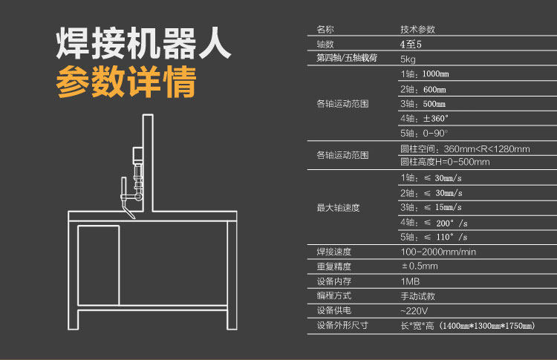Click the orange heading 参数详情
point(126,84)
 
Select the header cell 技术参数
point(417,30)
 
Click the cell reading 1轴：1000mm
point(424,74)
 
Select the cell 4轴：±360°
point(425,118)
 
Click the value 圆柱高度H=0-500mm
point(445,162)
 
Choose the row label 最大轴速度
point(338,207)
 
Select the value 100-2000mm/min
point(438,252)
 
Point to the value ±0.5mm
point(420,266)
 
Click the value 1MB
point(410,281)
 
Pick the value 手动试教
point(415,295)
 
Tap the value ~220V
point(414,310)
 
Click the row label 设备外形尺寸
point(342,325)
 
